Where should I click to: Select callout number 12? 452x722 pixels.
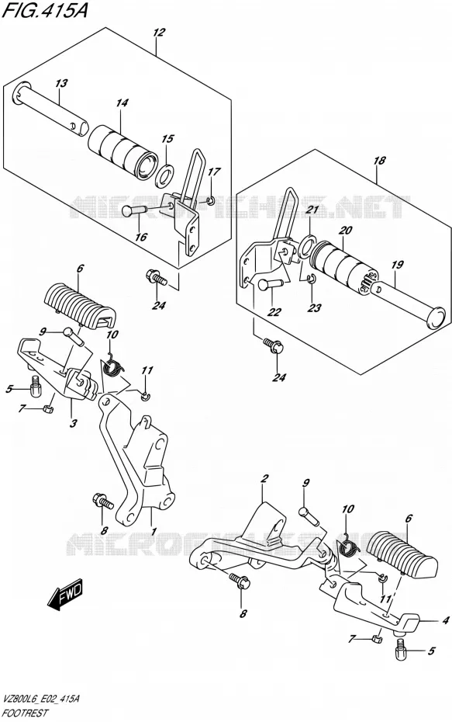(x=159, y=33)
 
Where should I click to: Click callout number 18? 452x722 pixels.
(x=379, y=161)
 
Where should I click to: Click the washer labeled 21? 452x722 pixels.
(x=308, y=245)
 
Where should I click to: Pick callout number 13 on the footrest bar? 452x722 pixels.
(x=61, y=83)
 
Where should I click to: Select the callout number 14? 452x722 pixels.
(x=122, y=102)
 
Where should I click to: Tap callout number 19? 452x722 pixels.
(x=397, y=265)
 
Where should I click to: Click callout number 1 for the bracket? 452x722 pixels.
(x=154, y=531)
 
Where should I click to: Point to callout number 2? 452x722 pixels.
(x=264, y=479)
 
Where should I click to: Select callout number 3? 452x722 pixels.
(x=74, y=424)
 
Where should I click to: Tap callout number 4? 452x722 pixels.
(x=445, y=621)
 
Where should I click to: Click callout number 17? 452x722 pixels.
(x=214, y=172)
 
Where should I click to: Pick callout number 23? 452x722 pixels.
(x=315, y=308)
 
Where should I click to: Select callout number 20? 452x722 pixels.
(x=345, y=231)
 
